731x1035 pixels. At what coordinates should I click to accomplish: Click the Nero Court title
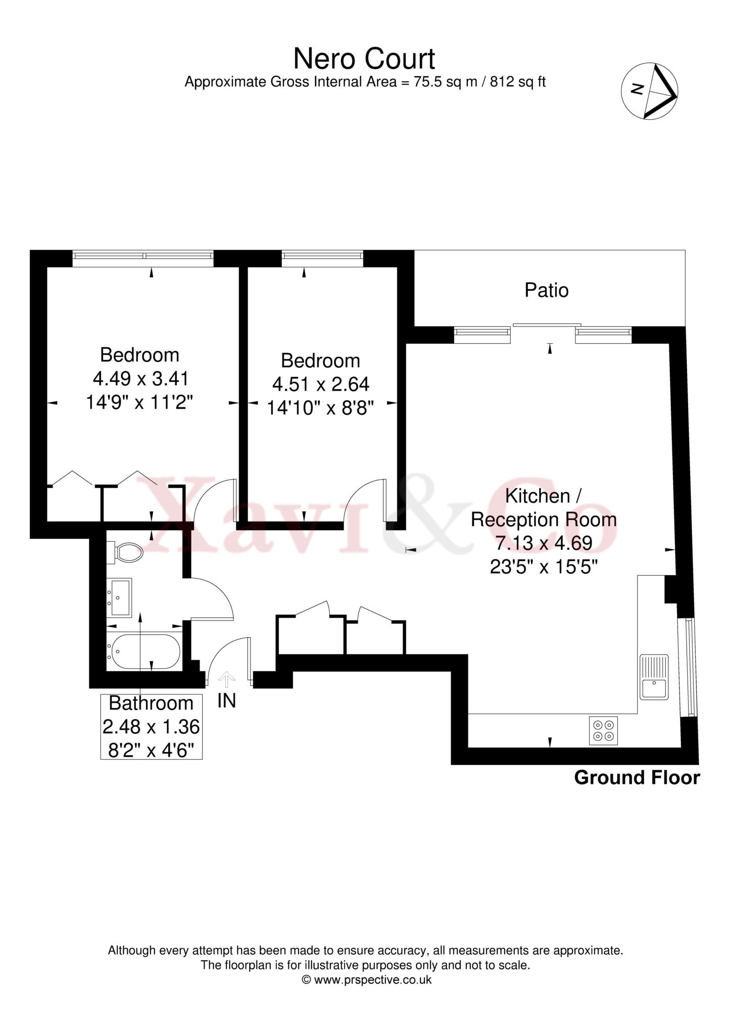click(x=364, y=59)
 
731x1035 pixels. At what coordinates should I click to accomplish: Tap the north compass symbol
click(x=649, y=91)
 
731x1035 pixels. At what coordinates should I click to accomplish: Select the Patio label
click(x=547, y=290)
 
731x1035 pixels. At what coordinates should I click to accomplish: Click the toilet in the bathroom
click(x=125, y=552)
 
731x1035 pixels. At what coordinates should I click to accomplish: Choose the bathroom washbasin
click(x=119, y=598)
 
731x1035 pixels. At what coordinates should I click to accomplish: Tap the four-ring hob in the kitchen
click(x=603, y=730)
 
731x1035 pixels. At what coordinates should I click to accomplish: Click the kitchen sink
click(x=654, y=677)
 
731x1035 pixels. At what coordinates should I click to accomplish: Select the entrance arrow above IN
click(x=227, y=679)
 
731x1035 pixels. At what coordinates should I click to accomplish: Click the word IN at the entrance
click(x=227, y=701)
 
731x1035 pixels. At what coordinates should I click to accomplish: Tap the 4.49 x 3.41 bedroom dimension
click(x=140, y=379)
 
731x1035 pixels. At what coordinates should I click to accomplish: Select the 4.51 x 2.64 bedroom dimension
click(x=320, y=385)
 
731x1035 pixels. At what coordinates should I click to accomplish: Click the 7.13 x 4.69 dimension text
click(x=544, y=543)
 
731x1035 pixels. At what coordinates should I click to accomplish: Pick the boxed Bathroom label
click(x=152, y=727)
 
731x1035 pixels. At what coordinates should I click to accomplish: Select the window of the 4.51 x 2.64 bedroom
click(x=322, y=258)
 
